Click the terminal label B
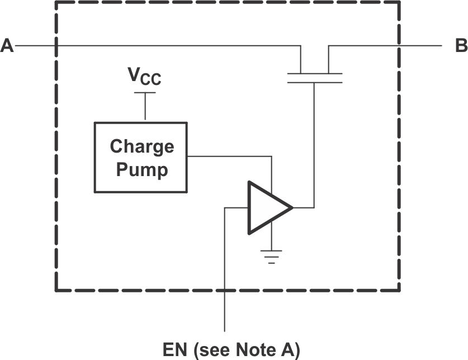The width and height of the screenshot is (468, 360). (x=461, y=46)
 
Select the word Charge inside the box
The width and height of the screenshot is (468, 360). (x=141, y=146)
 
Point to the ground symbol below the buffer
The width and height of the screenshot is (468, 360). (x=272, y=257)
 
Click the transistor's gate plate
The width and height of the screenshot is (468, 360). (x=314, y=82)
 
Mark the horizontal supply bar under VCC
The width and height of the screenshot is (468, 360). (x=145, y=93)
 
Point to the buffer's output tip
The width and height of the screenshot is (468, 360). (x=291, y=208)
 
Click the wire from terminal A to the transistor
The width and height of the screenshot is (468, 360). (x=168, y=46)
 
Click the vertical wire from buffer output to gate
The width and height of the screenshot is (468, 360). (x=314, y=145)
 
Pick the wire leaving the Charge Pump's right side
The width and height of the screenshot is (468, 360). (x=229, y=157)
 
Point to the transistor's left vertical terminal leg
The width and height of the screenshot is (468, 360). (x=301, y=59)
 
